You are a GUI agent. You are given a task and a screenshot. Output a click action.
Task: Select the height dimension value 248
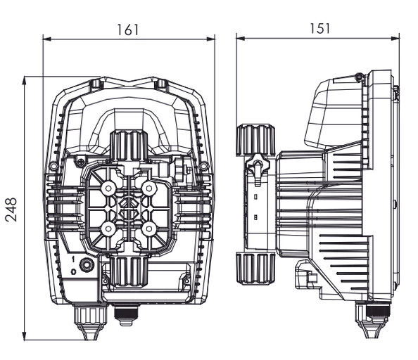click(11, 209)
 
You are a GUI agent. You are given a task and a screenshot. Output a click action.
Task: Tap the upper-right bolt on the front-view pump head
click(148, 189)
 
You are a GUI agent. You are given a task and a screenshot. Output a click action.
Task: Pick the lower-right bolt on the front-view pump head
click(148, 229)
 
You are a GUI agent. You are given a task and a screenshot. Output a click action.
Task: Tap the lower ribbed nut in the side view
click(253, 269)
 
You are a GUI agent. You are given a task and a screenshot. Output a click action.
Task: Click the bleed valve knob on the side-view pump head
click(260, 169)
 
